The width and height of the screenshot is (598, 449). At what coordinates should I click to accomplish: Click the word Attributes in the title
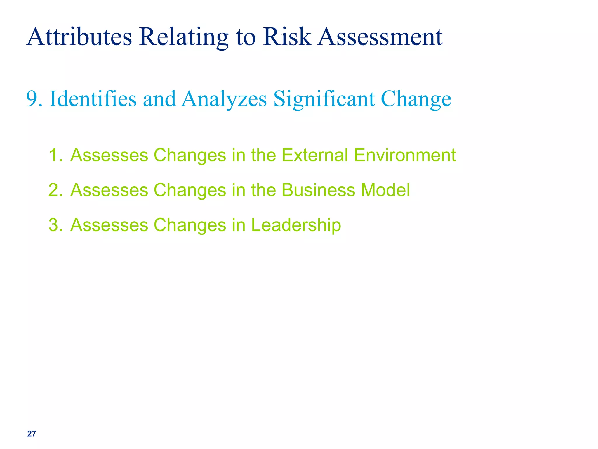point(79,37)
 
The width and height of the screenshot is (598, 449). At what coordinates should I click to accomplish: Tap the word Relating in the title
point(184,37)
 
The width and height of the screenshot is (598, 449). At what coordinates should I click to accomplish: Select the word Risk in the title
point(287,37)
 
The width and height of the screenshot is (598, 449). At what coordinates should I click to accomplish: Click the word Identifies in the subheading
point(93,99)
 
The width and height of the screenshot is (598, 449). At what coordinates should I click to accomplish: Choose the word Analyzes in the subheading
point(224,99)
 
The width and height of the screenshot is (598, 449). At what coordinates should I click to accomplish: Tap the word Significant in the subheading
point(324,99)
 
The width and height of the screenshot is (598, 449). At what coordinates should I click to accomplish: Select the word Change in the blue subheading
point(416,99)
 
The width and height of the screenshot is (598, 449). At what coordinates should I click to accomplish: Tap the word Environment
point(405,155)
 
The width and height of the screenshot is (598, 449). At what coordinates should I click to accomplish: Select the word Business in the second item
point(318,190)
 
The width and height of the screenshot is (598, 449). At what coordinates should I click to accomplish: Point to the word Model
point(385,190)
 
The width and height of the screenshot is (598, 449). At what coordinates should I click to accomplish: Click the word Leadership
point(296,225)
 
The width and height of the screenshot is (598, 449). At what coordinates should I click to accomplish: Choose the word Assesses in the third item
point(109,225)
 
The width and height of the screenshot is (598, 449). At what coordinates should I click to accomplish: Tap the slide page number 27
point(32,434)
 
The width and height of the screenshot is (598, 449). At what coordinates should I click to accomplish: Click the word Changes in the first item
point(190,155)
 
